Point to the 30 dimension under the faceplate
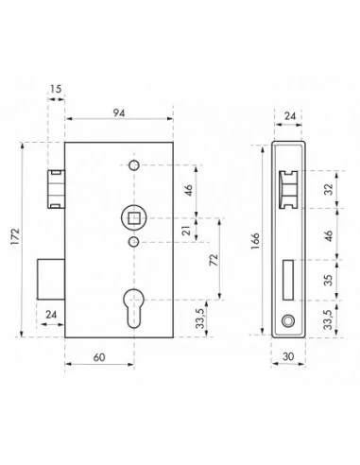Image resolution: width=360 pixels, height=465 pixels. [287, 357]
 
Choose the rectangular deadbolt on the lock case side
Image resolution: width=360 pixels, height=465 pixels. [51, 280]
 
